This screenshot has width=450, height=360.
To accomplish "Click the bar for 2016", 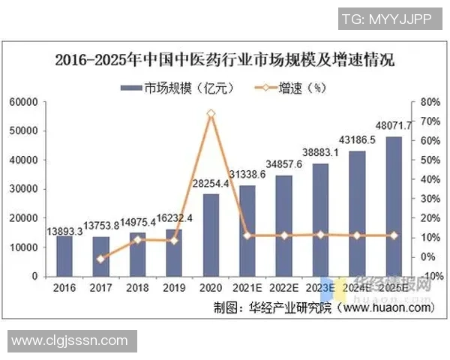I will click(64, 256).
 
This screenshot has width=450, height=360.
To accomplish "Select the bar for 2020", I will click(211, 235).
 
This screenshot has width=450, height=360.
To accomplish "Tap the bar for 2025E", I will click(394, 206).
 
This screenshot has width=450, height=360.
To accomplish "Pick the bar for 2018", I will click(137, 254).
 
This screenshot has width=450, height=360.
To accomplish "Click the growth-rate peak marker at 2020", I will click(211, 114).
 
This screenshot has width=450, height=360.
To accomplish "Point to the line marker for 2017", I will click(100, 259).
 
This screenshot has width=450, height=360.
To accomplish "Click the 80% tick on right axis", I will click(429, 102).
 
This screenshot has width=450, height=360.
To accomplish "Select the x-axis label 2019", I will click(174, 286).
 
